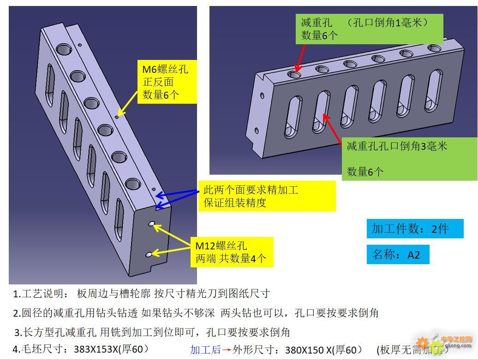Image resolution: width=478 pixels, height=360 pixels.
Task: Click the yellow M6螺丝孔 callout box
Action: (167, 82)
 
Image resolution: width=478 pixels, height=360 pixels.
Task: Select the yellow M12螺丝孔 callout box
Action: (232, 252)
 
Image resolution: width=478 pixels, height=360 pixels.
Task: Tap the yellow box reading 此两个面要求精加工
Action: (267, 196)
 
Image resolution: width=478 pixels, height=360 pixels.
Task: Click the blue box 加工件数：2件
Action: (415, 229)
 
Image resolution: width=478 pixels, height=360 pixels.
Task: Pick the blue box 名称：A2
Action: (398, 254)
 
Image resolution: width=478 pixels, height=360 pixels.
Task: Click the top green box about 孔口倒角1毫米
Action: (369, 29)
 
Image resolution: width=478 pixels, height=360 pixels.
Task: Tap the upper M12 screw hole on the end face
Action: (151, 224)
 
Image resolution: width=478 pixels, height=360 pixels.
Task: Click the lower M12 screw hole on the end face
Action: (149, 254)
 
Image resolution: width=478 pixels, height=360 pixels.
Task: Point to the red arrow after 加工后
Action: (227, 350)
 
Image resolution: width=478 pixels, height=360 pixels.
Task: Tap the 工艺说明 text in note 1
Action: (43, 294)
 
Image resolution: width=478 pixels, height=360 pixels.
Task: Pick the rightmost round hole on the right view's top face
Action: (434, 48)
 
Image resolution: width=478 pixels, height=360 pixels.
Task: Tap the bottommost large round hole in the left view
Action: (133, 185)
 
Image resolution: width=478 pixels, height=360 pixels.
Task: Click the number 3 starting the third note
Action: (18, 332)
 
